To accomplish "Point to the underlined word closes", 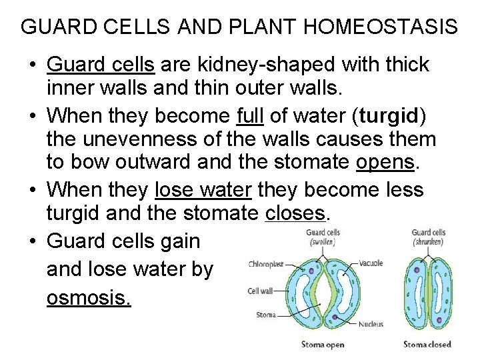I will pyautogui.click(x=295, y=214).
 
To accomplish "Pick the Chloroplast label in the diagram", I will pyautogui.click(x=266, y=264).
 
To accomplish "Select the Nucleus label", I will pyautogui.click(x=370, y=324).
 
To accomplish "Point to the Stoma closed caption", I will pyautogui.click(x=427, y=345).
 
